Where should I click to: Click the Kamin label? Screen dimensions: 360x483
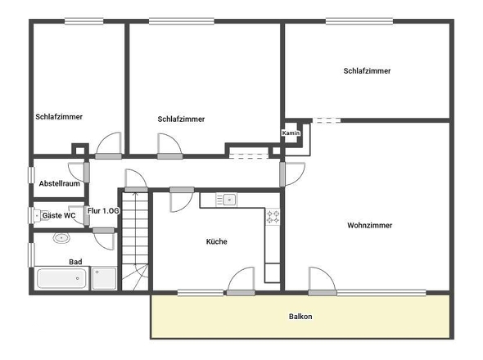point(291,133)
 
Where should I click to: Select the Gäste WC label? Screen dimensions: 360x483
point(59,215)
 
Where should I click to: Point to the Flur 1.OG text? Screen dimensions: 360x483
point(104,211)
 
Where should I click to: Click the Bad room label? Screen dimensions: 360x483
point(75,262)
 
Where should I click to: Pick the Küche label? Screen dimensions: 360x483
point(216,241)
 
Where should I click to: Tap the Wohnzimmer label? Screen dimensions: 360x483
point(369,225)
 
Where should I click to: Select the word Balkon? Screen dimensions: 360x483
point(300,316)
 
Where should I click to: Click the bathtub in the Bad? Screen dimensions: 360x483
point(61,278)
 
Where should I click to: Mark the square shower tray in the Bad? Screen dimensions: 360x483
point(104,278)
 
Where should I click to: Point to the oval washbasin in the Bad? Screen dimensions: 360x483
point(61,239)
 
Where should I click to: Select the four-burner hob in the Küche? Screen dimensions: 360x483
point(273,217)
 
